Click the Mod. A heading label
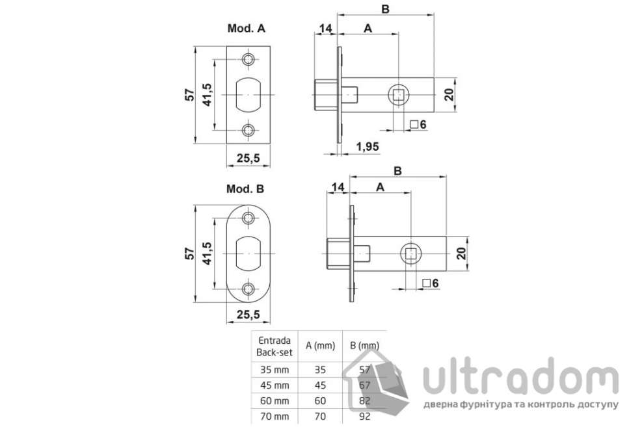(245, 29)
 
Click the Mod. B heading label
(245, 190)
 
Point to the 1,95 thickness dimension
(368, 147)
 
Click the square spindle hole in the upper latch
(398, 96)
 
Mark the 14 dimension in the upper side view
(325, 29)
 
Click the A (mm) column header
(319, 346)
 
